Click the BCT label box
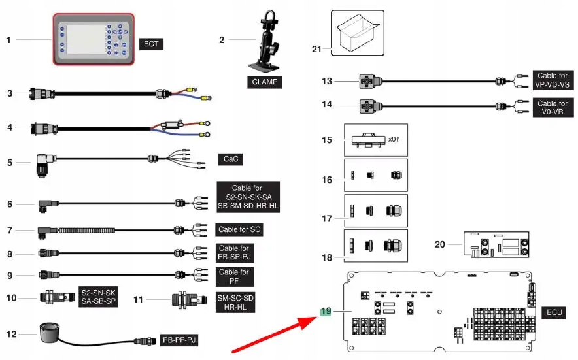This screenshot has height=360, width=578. (150, 44)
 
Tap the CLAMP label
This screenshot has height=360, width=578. (264, 83)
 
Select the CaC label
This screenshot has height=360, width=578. (231, 159)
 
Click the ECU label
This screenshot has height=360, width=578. (552, 314)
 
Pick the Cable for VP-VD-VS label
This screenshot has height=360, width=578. (552, 80)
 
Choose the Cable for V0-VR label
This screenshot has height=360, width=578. (552, 108)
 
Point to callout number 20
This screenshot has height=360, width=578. (439, 244)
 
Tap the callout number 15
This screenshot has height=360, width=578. (326, 140)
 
